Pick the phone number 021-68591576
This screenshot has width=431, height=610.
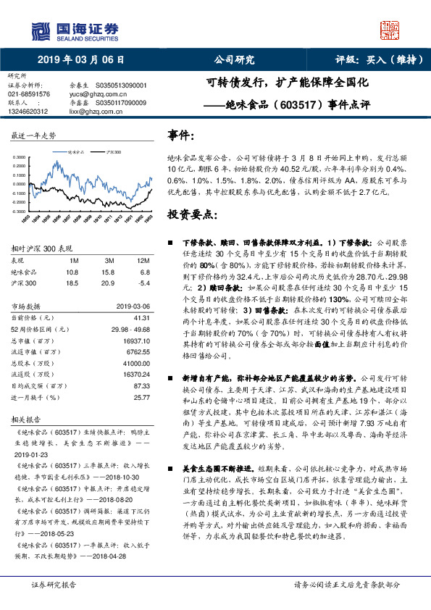pos(29,93)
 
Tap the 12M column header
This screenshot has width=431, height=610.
pos(143,260)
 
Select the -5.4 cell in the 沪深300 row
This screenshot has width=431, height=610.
pos(143,282)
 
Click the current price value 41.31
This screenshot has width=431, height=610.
pos(142,317)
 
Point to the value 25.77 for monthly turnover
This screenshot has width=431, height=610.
pos(142,397)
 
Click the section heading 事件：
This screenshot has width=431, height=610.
pos(181,135)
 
